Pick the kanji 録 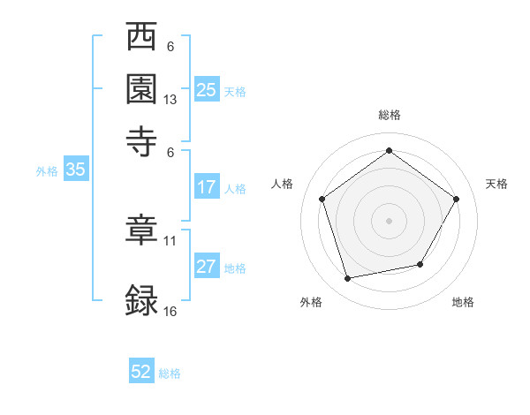click(x=142, y=299)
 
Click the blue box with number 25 click(x=207, y=90)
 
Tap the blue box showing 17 click(x=207, y=187)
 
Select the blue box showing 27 click(x=207, y=268)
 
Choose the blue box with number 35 click(x=75, y=170)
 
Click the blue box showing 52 click(x=141, y=372)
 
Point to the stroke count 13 click(x=170, y=100)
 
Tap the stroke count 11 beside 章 click(x=170, y=240)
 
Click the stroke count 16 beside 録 click(x=170, y=311)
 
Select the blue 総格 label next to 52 click(x=170, y=373)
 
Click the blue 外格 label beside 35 click(x=47, y=171)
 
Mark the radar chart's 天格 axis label click(x=496, y=184)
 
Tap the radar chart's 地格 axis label click(x=463, y=302)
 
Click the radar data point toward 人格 click(x=322, y=199)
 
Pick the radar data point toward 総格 click(x=389, y=151)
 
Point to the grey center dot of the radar click(x=389, y=220)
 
